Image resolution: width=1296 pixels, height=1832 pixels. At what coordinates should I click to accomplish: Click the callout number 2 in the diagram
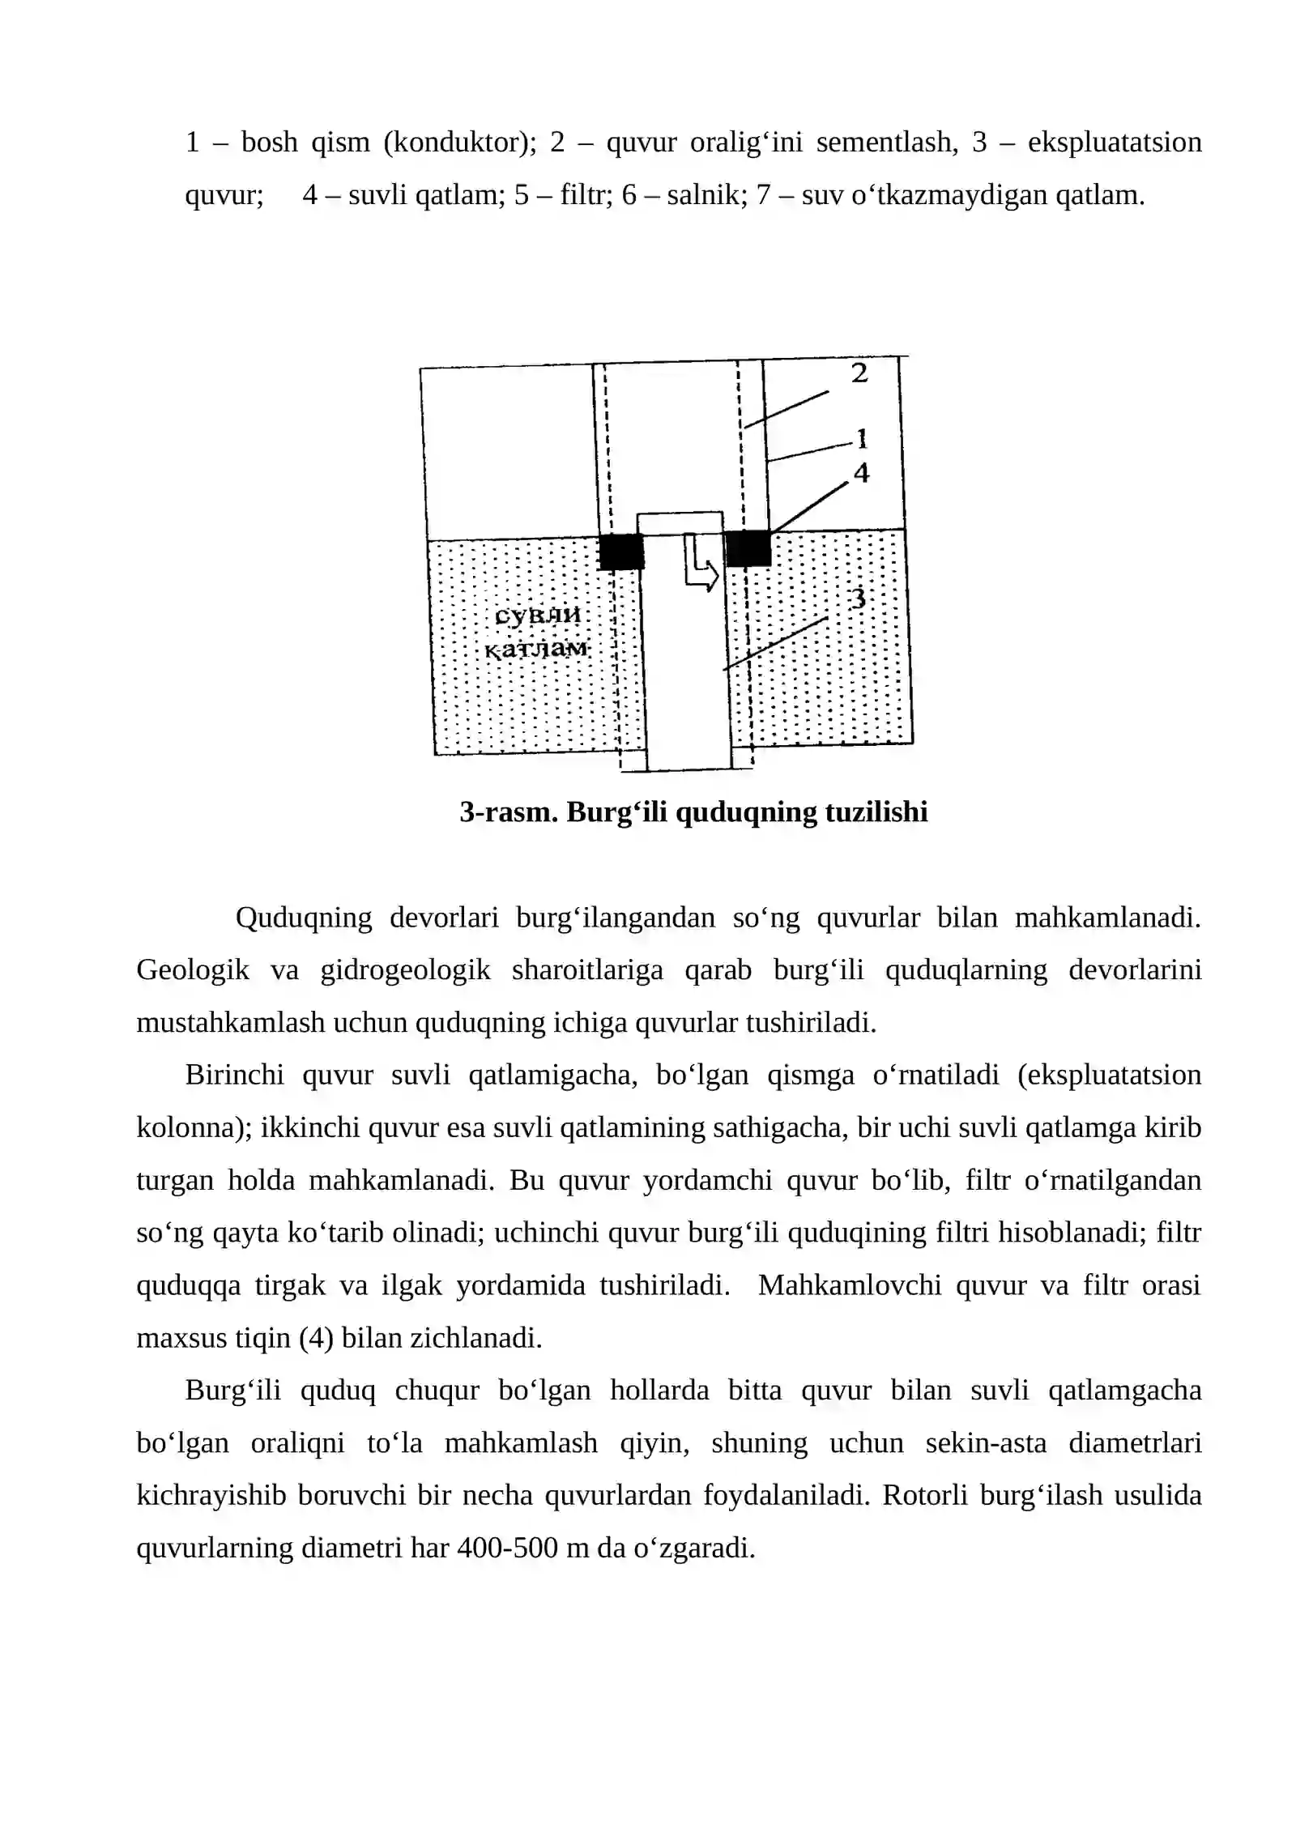click(x=859, y=373)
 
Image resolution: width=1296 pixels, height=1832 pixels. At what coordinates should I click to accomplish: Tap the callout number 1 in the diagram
click(x=862, y=440)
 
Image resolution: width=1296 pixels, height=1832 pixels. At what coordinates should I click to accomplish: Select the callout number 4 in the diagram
click(x=861, y=473)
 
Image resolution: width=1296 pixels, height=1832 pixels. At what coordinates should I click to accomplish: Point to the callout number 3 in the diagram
click(x=858, y=599)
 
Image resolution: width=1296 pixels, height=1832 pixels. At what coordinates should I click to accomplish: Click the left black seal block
click(x=620, y=552)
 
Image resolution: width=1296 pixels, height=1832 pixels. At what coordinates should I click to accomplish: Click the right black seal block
click(x=747, y=548)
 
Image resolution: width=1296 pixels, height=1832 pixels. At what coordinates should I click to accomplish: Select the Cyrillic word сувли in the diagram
click(x=537, y=616)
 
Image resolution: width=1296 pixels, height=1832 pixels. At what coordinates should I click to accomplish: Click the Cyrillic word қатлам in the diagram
click(x=536, y=650)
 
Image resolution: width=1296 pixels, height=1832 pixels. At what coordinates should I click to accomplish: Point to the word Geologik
click(x=192, y=969)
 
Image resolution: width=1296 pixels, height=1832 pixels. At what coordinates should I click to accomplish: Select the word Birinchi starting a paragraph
click(x=234, y=1075)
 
